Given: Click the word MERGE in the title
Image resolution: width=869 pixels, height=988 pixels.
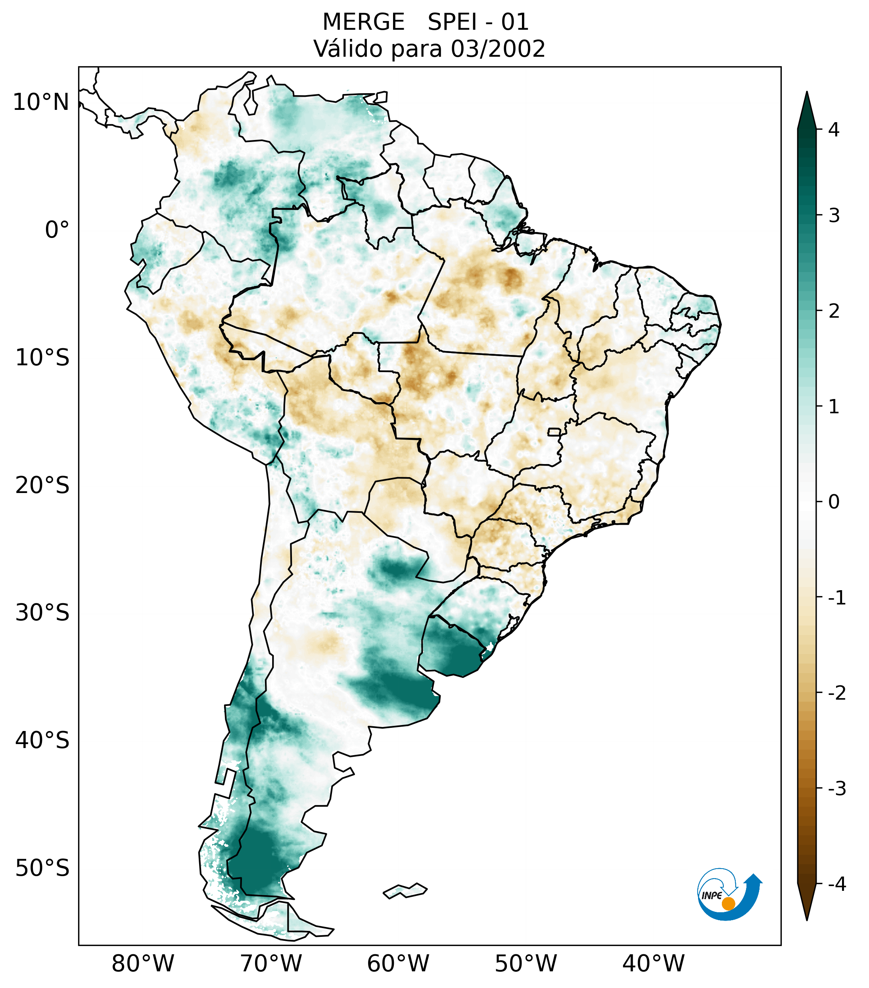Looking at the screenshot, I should (363, 22).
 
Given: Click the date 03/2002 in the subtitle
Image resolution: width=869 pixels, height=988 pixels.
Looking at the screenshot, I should (498, 49).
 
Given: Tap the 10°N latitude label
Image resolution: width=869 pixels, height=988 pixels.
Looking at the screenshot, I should (40, 102).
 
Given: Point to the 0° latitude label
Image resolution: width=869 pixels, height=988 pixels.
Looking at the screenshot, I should (57, 230).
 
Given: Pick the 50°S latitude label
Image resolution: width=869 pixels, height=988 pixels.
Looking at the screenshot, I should (42, 868).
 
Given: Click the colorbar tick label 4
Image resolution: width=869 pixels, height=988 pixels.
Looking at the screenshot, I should (834, 130).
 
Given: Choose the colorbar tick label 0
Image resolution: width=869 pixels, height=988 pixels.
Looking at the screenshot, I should (834, 502).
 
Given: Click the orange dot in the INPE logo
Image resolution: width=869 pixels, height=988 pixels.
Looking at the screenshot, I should (728, 904).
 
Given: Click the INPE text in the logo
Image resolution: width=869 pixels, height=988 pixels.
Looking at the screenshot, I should (712, 896).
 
